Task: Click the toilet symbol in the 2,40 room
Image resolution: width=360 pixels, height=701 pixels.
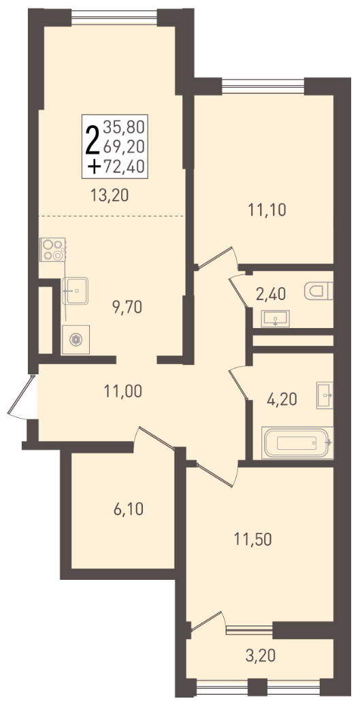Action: [319, 291]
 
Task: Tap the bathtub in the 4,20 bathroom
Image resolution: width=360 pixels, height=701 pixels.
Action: [297, 442]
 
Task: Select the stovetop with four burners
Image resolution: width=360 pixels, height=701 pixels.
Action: [52, 250]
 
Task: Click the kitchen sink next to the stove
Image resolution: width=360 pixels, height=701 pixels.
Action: [75, 291]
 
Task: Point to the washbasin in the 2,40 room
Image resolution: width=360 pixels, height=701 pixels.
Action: [276, 319]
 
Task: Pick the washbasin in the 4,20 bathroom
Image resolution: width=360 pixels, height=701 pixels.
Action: [325, 395]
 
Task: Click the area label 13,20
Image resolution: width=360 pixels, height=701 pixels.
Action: [110, 195]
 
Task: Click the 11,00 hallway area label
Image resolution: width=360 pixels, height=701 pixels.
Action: [123, 391]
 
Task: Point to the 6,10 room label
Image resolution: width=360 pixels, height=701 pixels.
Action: [129, 509]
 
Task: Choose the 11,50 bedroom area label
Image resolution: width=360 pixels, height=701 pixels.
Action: [253, 540]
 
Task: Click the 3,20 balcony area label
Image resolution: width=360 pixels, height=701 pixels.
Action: [260, 656]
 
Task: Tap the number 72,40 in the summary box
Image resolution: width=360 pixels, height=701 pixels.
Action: [124, 167]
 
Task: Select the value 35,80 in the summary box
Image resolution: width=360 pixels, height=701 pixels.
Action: [124, 128]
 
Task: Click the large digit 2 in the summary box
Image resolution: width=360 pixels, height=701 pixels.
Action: [93, 140]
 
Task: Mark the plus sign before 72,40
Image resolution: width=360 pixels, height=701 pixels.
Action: [94, 167]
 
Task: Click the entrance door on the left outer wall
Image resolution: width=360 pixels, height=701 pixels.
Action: [22, 397]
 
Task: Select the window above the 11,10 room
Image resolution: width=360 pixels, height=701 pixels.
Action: [263, 86]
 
